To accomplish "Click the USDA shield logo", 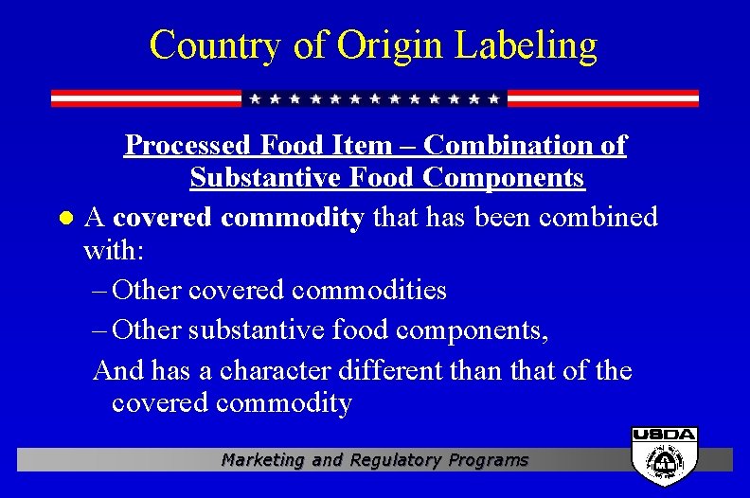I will coord(665,455).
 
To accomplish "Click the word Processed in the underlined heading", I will coord(180,145).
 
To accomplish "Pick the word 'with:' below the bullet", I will coord(112,253).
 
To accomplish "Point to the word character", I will coord(278,370).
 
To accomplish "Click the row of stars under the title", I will coord(374,98).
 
